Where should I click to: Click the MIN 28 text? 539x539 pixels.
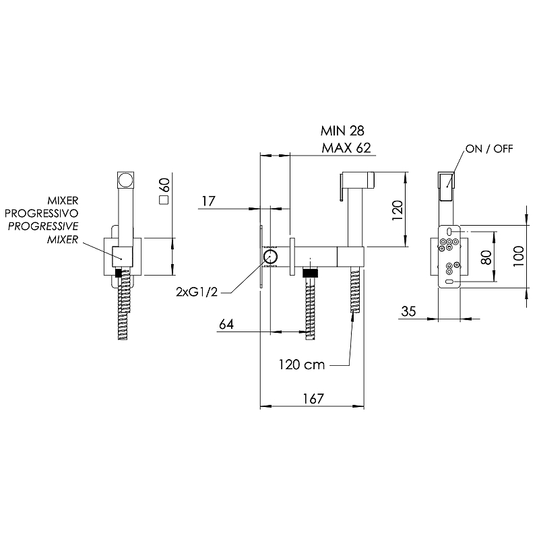pos(342,131)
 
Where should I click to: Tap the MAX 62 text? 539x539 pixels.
pos(346,148)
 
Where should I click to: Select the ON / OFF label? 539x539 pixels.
pos(489,149)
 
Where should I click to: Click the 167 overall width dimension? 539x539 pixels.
pos(313,399)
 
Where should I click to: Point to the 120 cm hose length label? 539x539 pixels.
pos(301,364)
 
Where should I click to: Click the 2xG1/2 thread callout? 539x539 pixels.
pos(197,292)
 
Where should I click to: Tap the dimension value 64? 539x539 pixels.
pos(226,324)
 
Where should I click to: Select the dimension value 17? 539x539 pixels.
pos(208,201)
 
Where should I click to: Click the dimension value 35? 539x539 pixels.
pos(408,311)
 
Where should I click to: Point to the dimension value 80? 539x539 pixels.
pos(486,257)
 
